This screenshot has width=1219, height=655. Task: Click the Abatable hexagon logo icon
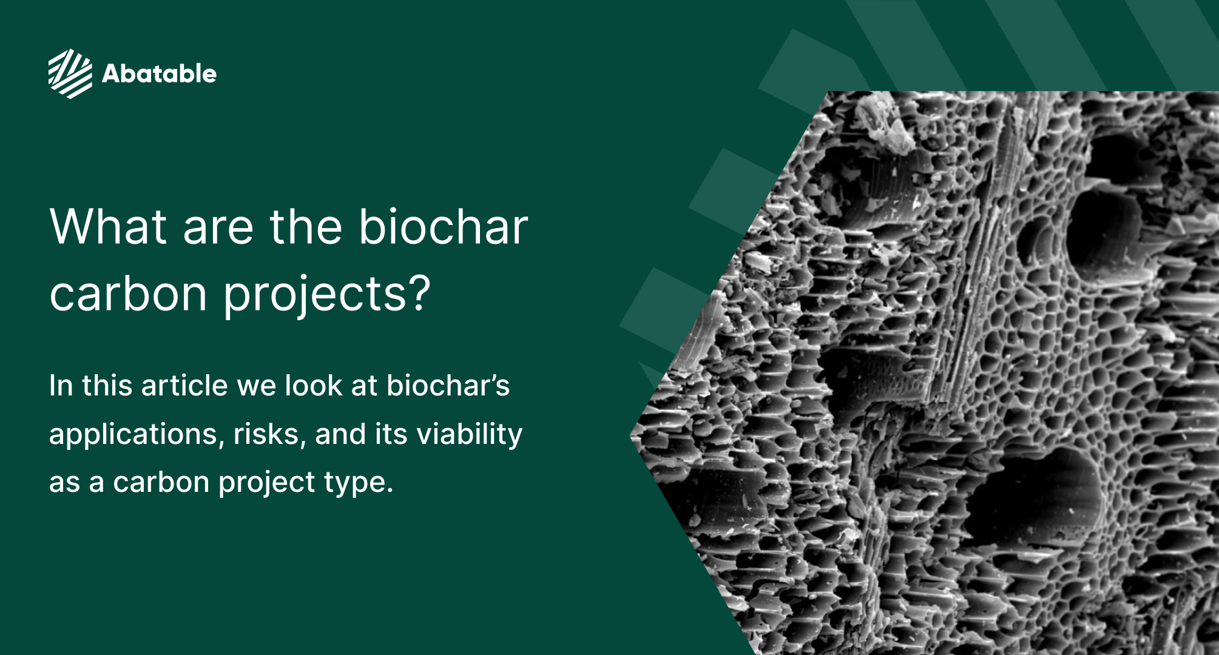point(70,73)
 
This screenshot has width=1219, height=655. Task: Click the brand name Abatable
point(159,74)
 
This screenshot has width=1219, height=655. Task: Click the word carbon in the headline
point(128,294)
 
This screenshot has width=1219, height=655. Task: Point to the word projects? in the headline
point(327,295)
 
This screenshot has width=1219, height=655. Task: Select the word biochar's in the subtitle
point(448,386)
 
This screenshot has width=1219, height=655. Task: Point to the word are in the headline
point(218,227)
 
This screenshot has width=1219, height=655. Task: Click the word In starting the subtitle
point(61,386)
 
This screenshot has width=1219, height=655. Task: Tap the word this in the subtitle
point(107,386)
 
